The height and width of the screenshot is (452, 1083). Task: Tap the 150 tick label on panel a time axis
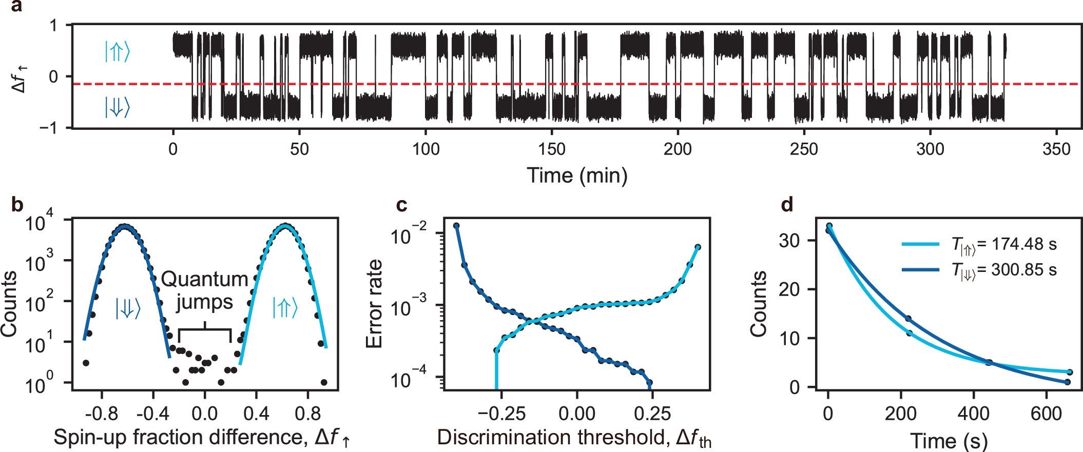point(551,150)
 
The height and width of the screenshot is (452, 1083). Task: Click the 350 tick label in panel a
point(1056,150)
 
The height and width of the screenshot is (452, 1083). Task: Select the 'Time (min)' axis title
point(577,175)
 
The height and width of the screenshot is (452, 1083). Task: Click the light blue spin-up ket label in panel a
point(117,52)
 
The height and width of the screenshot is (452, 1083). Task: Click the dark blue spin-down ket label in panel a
point(117,107)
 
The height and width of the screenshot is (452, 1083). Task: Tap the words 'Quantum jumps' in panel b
point(205,290)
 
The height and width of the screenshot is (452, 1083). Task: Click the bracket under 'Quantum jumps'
point(205,331)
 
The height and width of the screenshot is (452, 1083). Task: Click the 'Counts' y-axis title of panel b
point(9,304)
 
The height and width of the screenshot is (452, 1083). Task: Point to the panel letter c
point(402,205)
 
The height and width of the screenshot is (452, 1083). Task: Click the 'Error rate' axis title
point(375,304)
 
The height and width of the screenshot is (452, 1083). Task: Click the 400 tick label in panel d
point(973,413)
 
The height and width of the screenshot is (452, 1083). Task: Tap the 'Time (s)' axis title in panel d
point(949,441)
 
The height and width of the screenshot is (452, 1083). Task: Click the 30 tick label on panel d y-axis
point(790,241)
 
